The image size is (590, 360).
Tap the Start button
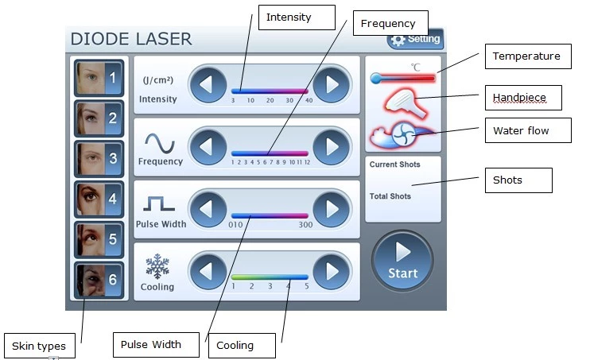click(x=402, y=261)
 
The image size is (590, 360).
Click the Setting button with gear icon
click(x=415, y=39)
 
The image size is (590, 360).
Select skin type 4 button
click(x=99, y=199)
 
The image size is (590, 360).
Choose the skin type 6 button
click(x=99, y=280)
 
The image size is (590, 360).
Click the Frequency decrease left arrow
click(x=208, y=147)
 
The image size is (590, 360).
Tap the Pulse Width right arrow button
click(x=331, y=209)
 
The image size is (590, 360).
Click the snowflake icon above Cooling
click(x=157, y=266)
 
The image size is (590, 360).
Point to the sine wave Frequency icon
click(x=160, y=143)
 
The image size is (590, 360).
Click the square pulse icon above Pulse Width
click(x=159, y=203)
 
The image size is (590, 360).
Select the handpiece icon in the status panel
click(x=406, y=103)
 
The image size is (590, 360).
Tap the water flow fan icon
click(x=402, y=134)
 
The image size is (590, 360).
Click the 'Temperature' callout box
click(x=528, y=56)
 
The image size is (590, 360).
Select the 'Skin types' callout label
click(x=40, y=346)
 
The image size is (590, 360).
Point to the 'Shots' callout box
click(x=518, y=180)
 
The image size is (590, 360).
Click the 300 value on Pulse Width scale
click(x=305, y=225)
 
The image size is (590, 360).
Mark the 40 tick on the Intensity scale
click(x=309, y=100)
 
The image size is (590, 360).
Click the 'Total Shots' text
click(x=390, y=196)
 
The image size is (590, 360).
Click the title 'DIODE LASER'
click(x=131, y=39)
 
